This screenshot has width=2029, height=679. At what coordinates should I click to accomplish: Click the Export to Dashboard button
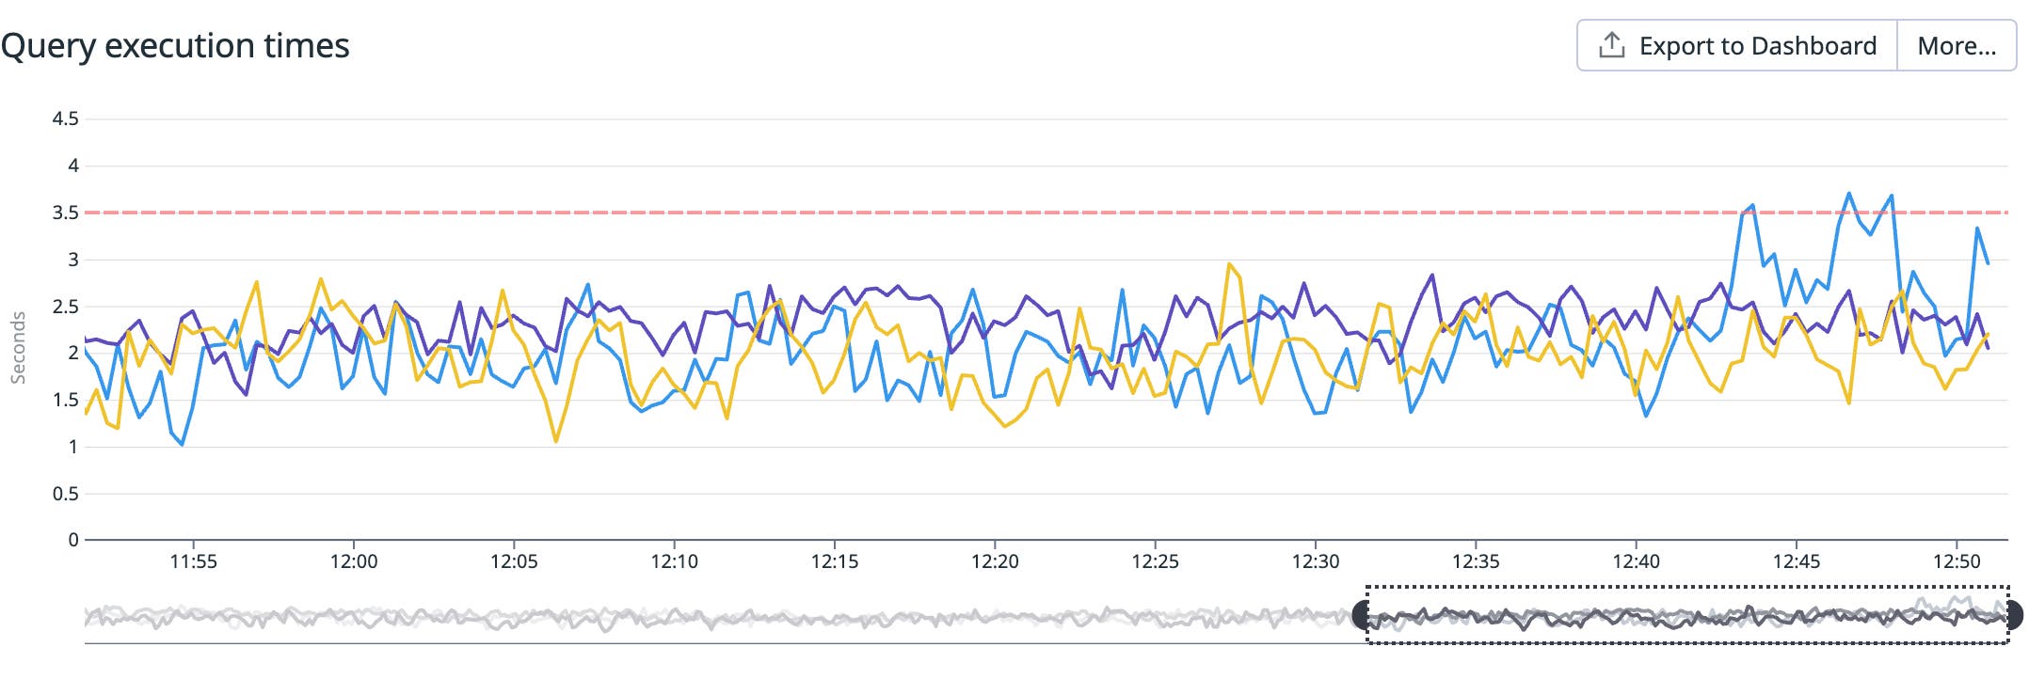click(x=1737, y=45)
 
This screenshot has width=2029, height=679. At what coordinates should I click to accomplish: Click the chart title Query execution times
click(x=175, y=45)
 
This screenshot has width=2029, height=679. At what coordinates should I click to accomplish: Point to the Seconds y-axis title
click(x=18, y=348)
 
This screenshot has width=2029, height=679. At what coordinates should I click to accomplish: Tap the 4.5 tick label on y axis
click(x=65, y=118)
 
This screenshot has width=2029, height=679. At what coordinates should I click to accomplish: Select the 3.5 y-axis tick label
click(x=65, y=213)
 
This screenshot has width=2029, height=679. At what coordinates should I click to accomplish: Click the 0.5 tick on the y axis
click(x=65, y=494)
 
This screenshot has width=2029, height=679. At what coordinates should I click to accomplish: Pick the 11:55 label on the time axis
click(x=193, y=561)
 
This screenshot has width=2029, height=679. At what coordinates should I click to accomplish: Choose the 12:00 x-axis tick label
click(x=354, y=561)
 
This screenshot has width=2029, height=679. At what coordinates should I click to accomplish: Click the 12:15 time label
click(x=835, y=561)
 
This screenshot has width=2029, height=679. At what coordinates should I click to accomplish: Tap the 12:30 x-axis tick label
click(x=1316, y=561)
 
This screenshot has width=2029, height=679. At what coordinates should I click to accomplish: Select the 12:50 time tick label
click(x=1957, y=561)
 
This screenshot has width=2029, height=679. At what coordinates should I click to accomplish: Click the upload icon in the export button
click(x=1612, y=45)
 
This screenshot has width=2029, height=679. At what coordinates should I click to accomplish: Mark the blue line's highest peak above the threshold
click(x=1849, y=194)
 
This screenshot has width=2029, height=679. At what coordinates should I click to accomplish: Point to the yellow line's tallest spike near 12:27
click(x=1229, y=264)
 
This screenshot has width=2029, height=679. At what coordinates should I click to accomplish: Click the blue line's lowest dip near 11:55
click(x=182, y=444)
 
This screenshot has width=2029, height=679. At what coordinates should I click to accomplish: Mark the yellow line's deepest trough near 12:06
click(x=556, y=441)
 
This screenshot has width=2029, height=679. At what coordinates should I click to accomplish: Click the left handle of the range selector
click(x=1361, y=615)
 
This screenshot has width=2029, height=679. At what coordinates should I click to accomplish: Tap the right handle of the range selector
click(x=2013, y=615)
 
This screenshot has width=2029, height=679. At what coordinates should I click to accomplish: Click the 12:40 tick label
click(x=1637, y=561)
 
